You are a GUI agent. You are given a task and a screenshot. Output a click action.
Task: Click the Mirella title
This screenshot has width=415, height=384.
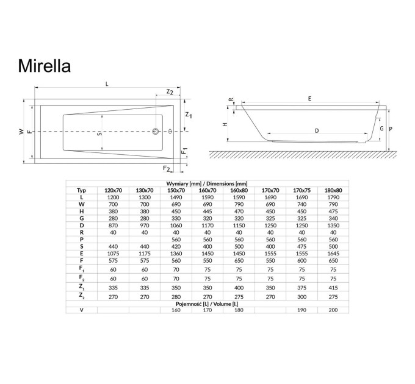45,66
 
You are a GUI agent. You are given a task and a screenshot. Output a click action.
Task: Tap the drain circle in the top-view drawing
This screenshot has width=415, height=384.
156,131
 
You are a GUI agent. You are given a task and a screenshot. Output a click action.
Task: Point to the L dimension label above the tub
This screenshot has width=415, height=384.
107,84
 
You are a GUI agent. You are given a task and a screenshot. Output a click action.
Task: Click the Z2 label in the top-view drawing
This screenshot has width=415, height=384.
170,91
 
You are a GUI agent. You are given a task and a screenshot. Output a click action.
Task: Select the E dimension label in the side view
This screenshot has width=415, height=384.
309,99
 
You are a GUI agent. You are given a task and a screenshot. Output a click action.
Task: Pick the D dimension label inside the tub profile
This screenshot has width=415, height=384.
317,130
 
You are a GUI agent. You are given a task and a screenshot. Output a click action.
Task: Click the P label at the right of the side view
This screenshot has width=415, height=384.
391,129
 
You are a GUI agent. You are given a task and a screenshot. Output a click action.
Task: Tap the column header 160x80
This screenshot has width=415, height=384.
239,190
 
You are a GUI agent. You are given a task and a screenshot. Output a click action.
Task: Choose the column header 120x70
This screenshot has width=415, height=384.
114,190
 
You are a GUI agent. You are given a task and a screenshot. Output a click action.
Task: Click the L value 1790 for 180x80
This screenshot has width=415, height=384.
333,197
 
